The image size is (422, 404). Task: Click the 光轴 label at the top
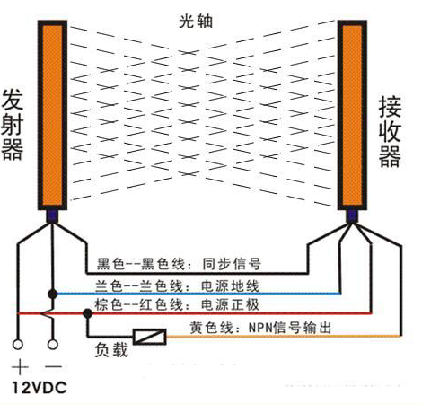click(196, 22)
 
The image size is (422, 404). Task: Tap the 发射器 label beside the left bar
click(13, 125)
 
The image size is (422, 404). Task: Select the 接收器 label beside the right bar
click(390, 131)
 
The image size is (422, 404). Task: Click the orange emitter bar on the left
click(52, 115)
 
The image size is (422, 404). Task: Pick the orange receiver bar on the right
click(352, 115)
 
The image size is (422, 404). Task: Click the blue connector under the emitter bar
click(52, 216)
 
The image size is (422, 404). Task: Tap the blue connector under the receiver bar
click(352, 216)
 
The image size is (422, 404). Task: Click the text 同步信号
click(232, 264)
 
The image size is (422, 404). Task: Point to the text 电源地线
click(230, 286)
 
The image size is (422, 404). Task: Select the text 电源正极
click(230, 304)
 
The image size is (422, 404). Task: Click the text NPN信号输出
click(290, 327)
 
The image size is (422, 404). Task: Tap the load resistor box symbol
click(150, 337)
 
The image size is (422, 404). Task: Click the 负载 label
click(111, 349)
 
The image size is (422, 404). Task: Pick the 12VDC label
click(40, 388)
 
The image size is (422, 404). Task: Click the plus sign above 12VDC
click(20, 367)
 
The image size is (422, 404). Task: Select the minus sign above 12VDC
click(53, 366)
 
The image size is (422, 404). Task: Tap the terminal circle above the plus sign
click(18, 345)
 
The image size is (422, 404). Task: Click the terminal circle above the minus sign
click(53, 345)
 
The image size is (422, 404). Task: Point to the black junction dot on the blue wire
click(53, 294)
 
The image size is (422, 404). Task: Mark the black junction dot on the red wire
click(88, 313)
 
